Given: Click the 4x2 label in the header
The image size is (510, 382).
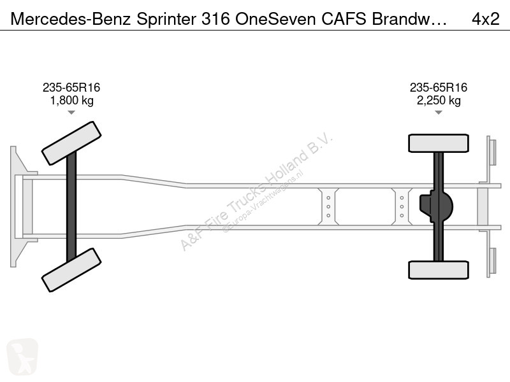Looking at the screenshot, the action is (x=485, y=19).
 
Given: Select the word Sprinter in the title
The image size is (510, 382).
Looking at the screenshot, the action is (x=166, y=20).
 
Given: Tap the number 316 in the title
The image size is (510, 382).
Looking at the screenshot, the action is (x=215, y=19).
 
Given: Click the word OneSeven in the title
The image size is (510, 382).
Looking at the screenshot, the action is (x=275, y=19).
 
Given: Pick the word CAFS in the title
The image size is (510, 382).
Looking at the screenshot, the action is (x=344, y=19).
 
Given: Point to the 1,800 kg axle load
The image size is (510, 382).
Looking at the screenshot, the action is (x=71, y=101).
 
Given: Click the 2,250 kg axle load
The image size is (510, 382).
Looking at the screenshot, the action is (x=439, y=101).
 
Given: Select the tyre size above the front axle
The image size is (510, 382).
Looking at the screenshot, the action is (x=71, y=87).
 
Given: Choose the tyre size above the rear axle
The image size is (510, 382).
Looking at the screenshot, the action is (x=439, y=87).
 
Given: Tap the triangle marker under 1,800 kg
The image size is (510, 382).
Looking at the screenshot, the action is (x=71, y=113).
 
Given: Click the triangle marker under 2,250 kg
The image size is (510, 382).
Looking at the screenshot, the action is (x=439, y=113).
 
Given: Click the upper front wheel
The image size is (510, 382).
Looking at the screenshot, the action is (x=71, y=143).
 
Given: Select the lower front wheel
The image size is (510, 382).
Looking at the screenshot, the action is (x=71, y=270).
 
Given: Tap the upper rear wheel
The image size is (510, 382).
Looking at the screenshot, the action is (x=439, y=143).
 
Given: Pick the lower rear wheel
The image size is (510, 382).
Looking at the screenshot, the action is (x=439, y=270).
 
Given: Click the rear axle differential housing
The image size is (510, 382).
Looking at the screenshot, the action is (x=437, y=206).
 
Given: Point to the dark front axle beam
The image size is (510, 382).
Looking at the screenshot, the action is (x=71, y=206).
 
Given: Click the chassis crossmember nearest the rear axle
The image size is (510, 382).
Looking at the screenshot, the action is (x=402, y=206).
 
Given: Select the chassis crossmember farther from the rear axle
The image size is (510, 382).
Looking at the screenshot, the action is (x=328, y=206).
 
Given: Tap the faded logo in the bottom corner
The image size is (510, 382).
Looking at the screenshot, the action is (x=22, y=357).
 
